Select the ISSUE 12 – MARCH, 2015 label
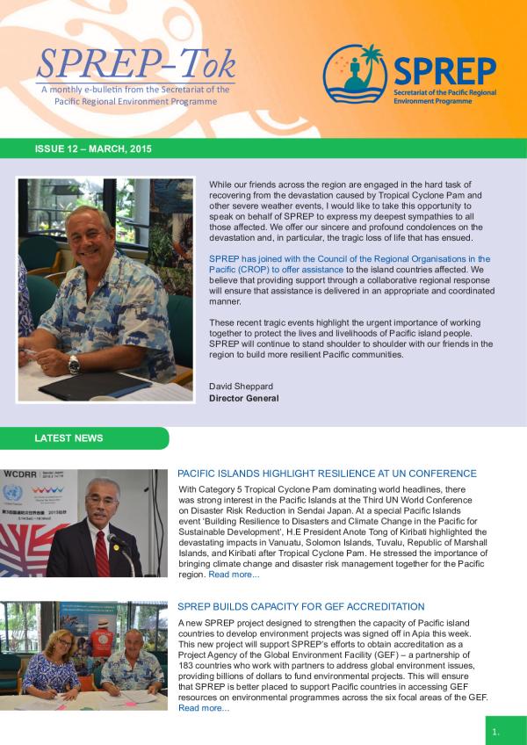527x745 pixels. [93, 148]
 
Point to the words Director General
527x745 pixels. [244, 398]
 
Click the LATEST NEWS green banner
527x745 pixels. [70, 438]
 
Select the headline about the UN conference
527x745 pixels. [327, 474]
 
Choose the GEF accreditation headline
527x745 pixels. [301, 607]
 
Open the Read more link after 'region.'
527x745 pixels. [234, 575]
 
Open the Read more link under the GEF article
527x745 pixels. [203, 708]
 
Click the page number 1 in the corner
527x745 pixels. [496, 731]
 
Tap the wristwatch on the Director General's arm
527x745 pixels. [75, 364]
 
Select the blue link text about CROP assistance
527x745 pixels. [350, 264]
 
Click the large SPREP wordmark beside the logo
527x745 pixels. [444, 71]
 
